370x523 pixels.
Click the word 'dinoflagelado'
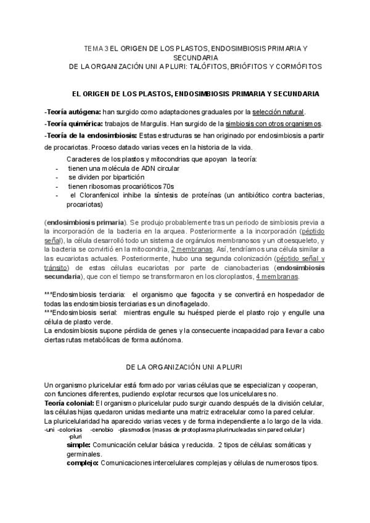tap(187, 304)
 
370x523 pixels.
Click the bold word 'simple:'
tap(79, 445)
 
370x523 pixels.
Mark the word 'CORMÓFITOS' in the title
tap(295, 65)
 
